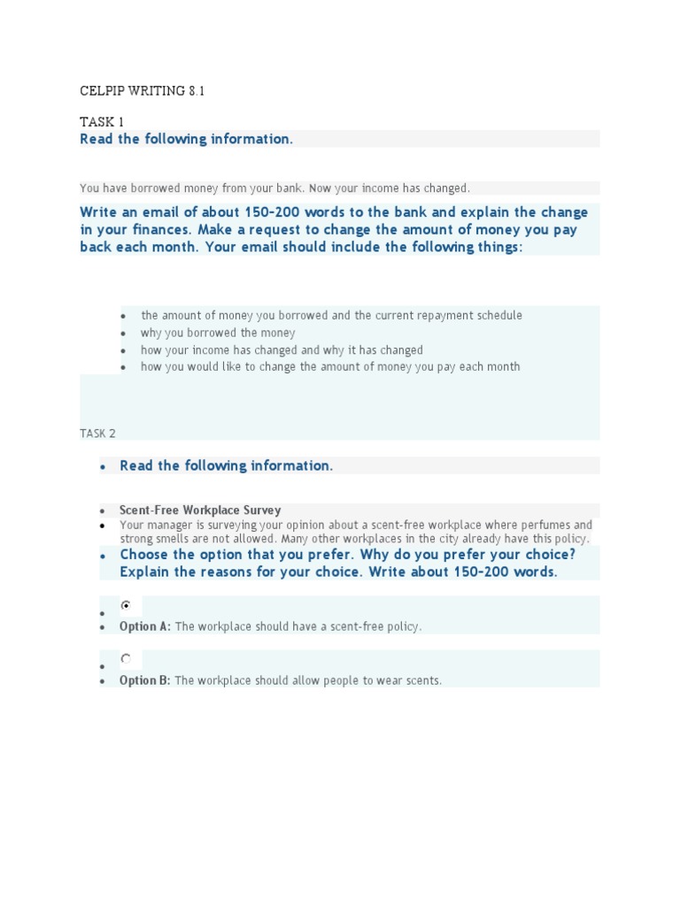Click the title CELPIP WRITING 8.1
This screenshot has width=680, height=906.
tap(143, 91)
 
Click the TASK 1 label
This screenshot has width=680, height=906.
tap(102, 122)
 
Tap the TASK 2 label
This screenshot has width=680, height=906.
tap(97, 434)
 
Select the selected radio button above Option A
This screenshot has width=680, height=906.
tap(127, 605)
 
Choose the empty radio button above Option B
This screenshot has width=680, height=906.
tap(127, 659)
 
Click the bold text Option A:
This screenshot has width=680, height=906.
tap(145, 626)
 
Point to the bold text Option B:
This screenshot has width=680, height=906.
tap(145, 680)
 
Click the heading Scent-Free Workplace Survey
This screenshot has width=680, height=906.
tap(200, 511)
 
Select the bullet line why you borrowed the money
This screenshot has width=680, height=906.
tap(218, 334)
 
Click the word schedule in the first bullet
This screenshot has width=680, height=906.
tap(498, 316)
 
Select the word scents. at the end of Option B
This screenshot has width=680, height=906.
tap(421, 680)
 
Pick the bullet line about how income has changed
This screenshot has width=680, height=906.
tap(282, 350)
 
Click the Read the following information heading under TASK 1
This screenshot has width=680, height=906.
tap(186, 139)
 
